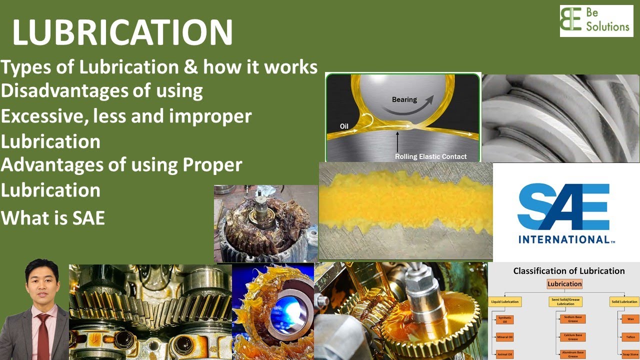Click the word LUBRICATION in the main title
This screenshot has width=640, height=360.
(122, 33)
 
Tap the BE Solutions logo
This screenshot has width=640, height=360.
(596, 21)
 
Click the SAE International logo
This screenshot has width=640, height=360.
(566, 212)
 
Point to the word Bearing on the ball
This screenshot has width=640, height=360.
(404, 99)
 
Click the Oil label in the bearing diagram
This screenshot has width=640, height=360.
(344, 126)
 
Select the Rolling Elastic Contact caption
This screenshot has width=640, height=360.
(430, 156)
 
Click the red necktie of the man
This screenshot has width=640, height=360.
(43, 335)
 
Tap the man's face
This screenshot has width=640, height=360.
(42, 285)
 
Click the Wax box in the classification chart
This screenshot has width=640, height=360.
(630, 319)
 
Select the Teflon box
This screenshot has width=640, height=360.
(630, 337)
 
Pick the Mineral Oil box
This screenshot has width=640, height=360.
(504, 337)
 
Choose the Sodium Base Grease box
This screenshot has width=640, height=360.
(572, 319)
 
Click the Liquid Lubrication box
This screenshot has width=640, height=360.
(505, 301)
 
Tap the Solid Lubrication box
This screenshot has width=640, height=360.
(624, 301)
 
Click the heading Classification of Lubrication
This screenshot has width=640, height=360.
(568, 271)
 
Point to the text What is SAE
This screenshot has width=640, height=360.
(53, 218)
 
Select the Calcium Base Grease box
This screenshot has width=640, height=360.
(572, 337)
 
